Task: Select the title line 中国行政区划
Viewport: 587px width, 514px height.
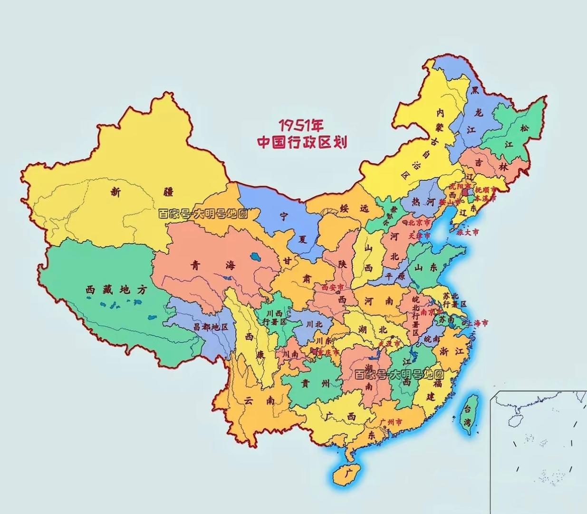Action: click(302, 142)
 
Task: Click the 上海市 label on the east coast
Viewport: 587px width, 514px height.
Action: click(477, 323)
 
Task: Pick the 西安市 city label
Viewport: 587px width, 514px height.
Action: click(332, 287)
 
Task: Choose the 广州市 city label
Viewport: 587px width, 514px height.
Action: click(391, 422)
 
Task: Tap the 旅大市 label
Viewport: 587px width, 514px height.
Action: click(468, 233)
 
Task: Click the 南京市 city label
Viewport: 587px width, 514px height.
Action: click(432, 312)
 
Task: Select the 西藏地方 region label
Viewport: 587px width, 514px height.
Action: click(116, 289)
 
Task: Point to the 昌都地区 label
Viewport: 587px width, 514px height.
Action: click(211, 327)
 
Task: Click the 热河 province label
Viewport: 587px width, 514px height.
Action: click(423, 202)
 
